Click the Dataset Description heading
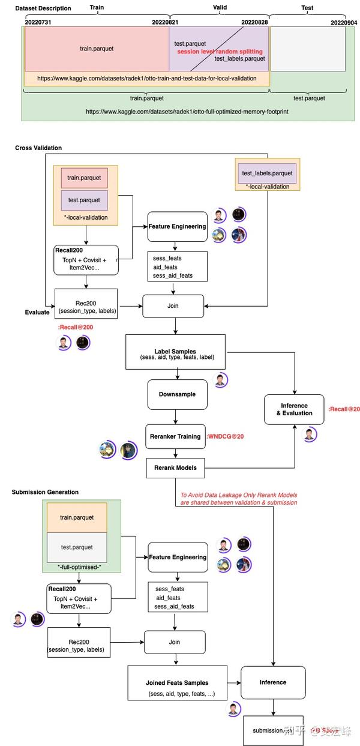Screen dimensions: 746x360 coord(43,8)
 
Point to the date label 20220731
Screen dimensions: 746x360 coord(38,22)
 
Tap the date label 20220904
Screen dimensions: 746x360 coord(344,22)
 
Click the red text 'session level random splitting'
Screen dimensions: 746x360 coord(220,52)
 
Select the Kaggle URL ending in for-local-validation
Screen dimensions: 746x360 coord(146,78)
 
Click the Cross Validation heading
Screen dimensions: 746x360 coord(38,148)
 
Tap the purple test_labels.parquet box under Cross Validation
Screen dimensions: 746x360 coord(267,173)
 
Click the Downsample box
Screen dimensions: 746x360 coord(173,395)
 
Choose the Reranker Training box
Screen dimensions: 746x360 coord(173,436)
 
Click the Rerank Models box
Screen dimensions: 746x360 coord(173,468)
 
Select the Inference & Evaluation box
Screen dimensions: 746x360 coord(294,409)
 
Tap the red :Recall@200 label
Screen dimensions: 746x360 coord(76,327)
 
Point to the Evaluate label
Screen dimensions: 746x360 coord(37,312)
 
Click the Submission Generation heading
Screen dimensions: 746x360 coord(45,492)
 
